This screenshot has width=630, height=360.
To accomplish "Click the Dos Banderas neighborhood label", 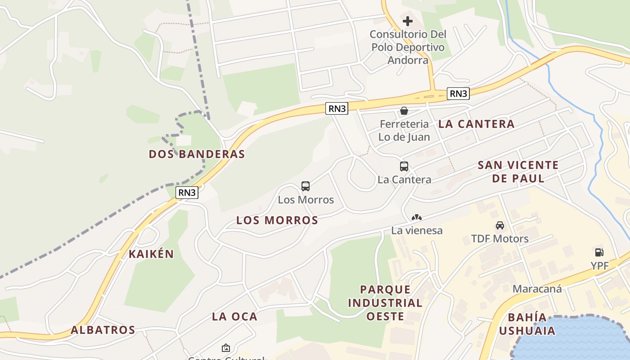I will (x=197, y=154).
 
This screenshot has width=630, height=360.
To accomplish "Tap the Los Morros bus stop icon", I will (x=306, y=186).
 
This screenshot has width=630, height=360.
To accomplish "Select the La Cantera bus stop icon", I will (x=404, y=166).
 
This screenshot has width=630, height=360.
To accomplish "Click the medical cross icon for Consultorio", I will (x=408, y=21).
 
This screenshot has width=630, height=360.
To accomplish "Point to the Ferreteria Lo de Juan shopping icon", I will (x=404, y=111).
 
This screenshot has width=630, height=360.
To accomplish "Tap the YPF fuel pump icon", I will (x=599, y=252).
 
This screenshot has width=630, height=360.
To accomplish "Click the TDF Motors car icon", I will (x=500, y=225).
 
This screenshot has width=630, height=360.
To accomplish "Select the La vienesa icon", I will (x=417, y=217).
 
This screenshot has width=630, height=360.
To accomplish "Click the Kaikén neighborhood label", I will (x=151, y=254).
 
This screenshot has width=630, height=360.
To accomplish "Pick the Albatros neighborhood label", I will (x=103, y=330).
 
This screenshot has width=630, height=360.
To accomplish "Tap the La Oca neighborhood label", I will (x=234, y=316).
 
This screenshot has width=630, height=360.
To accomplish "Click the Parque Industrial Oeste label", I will (x=385, y=302).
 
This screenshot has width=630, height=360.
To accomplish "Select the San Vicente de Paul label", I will (x=518, y=171).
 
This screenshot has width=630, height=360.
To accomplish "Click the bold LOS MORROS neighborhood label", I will (x=277, y=220).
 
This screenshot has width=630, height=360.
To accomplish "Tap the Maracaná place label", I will (x=537, y=289).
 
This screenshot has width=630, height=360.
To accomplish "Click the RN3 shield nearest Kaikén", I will (x=187, y=193).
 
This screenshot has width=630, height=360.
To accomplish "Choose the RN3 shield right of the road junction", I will (x=459, y=94).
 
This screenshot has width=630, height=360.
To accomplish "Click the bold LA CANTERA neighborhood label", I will (x=476, y=124).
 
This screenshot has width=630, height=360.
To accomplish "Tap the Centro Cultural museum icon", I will (x=225, y=348).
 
